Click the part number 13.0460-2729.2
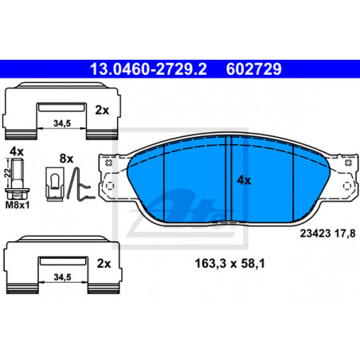pyautogui.click(x=148, y=69)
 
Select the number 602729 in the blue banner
pyautogui.click(x=253, y=69)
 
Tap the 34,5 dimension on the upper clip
pyautogui.click(x=62, y=123)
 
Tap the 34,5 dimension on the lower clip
pyautogui.click(x=62, y=277)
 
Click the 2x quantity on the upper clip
pyautogui.click(x=102, y=110)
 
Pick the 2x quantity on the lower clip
pyautogui.click(x=104, y=264)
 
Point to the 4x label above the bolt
pyautogui.click(x=17, y=151)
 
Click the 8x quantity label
pyautogui.click(x=66, y=158)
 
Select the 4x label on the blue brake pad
pyautogui.click(x=244, y=180)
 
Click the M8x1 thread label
pyautogui.click(x=18, y=205)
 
